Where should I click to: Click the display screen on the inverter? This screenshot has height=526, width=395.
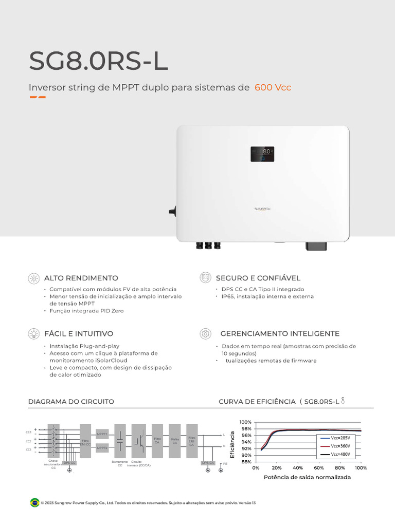(262, 154)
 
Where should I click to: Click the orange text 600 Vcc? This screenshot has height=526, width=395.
(273, 87)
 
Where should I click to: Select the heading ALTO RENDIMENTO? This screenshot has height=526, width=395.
(81, 278)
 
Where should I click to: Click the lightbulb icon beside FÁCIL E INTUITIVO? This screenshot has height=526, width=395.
(34, 334)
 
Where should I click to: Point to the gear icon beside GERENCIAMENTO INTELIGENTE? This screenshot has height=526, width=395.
(205, 334)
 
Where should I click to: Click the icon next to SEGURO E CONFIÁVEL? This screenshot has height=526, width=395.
(205, 278)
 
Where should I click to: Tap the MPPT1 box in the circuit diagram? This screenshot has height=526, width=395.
(102, 434)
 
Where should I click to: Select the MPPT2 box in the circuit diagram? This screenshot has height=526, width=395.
(102, 448)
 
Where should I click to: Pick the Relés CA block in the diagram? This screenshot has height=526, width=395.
(174, 441)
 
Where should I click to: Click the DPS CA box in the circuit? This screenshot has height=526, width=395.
(208, 463)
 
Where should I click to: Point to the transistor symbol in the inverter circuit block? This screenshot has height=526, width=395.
(138, 440)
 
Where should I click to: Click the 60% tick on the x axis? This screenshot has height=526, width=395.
(319, 468)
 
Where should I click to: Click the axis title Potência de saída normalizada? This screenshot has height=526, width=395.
(307, 477)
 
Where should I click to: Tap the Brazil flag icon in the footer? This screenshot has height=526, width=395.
(35, 502)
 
